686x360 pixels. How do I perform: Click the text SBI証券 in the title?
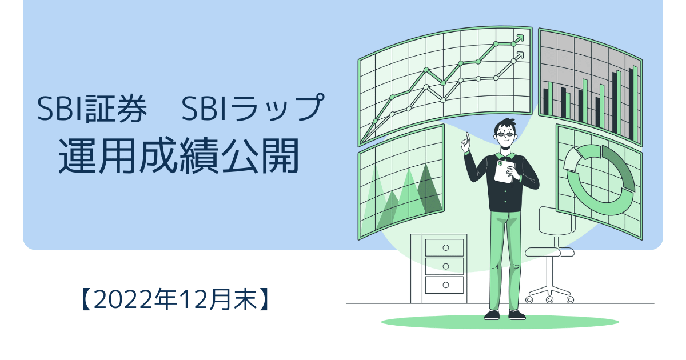pos(92,109)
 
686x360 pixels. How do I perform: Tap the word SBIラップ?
pos(253,107)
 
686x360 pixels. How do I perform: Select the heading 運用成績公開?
pos(178,156)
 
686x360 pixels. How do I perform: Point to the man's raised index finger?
pos(468,138)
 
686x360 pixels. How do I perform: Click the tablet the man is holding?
pos(504,171)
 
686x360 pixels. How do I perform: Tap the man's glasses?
pos(506,134)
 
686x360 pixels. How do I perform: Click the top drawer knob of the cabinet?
pos(446,247)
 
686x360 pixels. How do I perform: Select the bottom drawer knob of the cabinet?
pos(446,285)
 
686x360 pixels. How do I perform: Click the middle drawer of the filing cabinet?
pos(444,266)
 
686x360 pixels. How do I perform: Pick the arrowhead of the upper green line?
pos(520,39)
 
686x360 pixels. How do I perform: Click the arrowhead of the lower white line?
pos(520,56)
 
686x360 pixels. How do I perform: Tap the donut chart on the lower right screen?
pos(599,179)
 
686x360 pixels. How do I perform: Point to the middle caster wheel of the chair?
pos(549,300)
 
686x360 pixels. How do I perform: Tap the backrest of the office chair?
pos(556,221)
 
